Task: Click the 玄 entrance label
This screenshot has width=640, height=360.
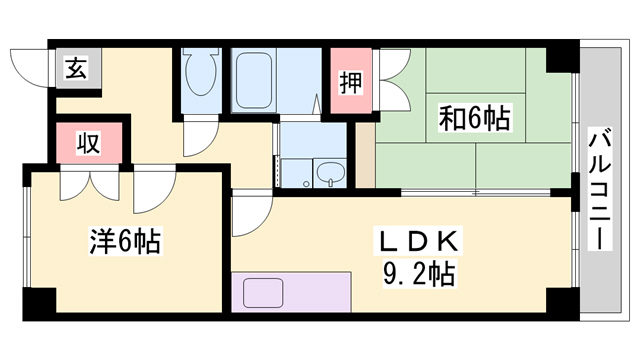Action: [75, 69]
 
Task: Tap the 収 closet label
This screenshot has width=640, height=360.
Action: [88, 143]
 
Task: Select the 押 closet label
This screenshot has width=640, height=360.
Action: [350, 80]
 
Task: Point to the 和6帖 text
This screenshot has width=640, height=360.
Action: [475, 119]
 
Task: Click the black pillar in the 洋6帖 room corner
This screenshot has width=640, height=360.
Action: [40, 299]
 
